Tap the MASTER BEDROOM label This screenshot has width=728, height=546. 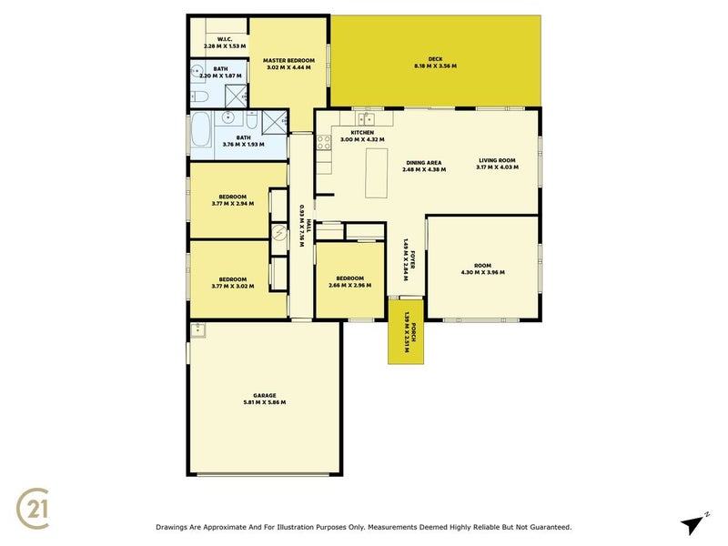pos(289,60)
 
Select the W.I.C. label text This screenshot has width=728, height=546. pos(225,39)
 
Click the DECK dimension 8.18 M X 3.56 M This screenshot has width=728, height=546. pos(435,66)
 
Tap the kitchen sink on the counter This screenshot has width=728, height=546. pos(367,118)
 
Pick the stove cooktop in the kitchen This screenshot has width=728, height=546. pos(322,142)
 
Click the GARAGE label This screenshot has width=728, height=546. pos(265,395)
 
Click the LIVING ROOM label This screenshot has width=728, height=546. pos(498,160)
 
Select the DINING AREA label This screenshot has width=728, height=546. pos(422,163)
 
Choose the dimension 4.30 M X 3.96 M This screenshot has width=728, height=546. pos(482,272)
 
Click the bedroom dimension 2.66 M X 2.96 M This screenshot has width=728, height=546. pos(349,286)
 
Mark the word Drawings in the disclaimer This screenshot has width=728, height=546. pos(176,527)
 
